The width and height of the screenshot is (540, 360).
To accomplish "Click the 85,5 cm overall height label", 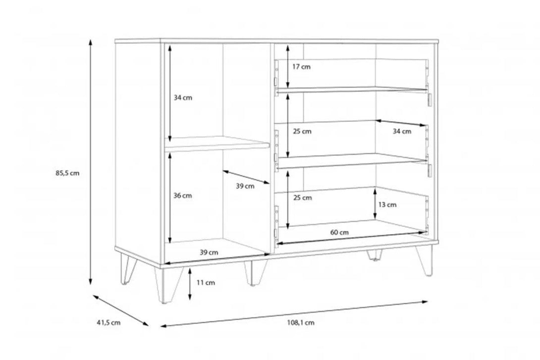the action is tap(67, 173).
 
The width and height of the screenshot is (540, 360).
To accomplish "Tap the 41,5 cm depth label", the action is tap(108, 322).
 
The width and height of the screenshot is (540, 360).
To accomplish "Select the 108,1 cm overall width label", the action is tap(301, 322).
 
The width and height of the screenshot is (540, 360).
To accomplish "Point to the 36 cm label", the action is tap(182, 196).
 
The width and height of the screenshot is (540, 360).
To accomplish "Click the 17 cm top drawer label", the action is tap(301, 67).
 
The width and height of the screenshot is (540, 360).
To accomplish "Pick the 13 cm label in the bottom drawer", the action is tap(387, 205).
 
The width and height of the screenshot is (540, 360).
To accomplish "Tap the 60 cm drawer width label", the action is tap(339, 232).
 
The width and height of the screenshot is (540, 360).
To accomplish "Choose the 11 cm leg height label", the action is tap(206, 283).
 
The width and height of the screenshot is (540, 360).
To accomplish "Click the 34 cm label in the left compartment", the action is tap(183, 98).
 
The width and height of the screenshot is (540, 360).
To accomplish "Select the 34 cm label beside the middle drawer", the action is tap(402, 131).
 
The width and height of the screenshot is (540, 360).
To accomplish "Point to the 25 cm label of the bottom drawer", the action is tap(302, 198).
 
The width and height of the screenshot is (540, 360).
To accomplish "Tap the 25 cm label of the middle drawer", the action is tap(302, 131).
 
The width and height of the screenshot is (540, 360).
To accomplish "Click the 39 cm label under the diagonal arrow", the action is tap(245, 186).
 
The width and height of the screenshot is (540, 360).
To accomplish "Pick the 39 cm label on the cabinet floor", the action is tap(209, 252).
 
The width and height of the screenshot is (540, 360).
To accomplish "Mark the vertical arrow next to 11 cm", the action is tap(190, 284).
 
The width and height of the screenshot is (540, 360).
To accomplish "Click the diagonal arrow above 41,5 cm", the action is tap(120, 310).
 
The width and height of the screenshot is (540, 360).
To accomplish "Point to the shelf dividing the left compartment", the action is tap(217, 143).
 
